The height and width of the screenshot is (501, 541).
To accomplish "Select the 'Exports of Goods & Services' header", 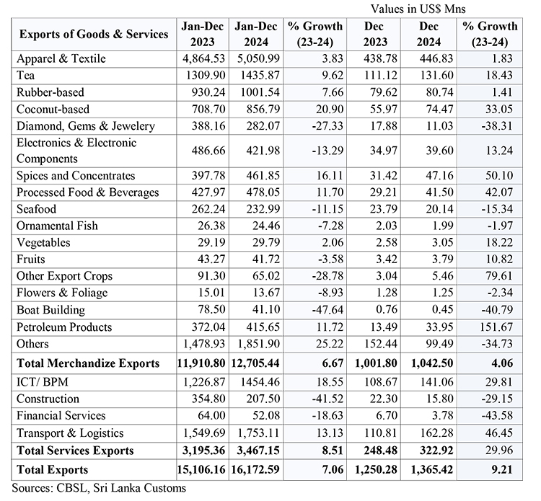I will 93,34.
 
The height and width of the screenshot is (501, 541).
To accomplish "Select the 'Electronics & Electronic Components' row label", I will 75,151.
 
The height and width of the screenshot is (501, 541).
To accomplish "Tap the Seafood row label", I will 37,209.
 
